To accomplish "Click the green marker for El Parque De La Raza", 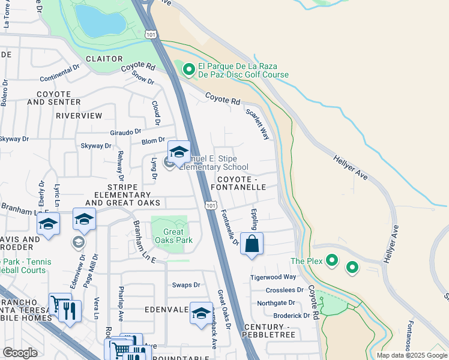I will click(x=189, y=70).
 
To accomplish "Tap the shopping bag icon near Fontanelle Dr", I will click(x=252, y=244).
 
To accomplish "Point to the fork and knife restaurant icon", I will click(x=71, y=310).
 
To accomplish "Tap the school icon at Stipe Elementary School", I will click(x=179, y=153).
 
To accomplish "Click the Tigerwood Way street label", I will click(x=273, y=277).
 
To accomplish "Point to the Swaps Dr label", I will click(x=185, y=285).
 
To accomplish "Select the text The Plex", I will click(x=306, y=261).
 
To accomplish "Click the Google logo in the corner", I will click(x=20, y=353).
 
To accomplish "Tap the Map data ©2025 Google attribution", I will click(x=411, y=355).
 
